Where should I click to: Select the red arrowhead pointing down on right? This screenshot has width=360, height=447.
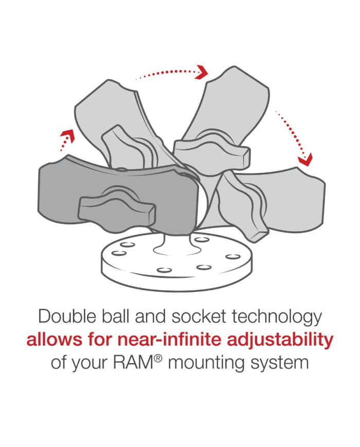pyautogui.click(x=306, y=159)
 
